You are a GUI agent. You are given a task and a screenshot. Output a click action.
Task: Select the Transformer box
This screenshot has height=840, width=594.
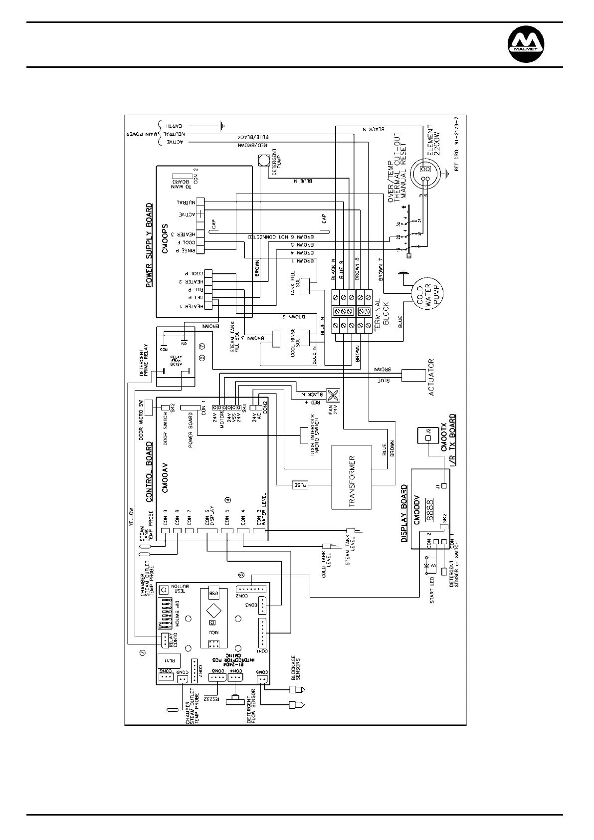pyautogui.click(x=351, y=477)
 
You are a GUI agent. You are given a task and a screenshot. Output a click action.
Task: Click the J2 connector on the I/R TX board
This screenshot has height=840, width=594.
pyautogui.click(x=428, y=438)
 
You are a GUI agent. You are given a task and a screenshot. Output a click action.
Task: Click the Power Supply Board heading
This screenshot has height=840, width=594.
pyautogui.click(x=149, y=245)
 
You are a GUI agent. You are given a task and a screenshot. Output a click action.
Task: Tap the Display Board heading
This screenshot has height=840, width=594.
pyautogui.click(x=404, y=514)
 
